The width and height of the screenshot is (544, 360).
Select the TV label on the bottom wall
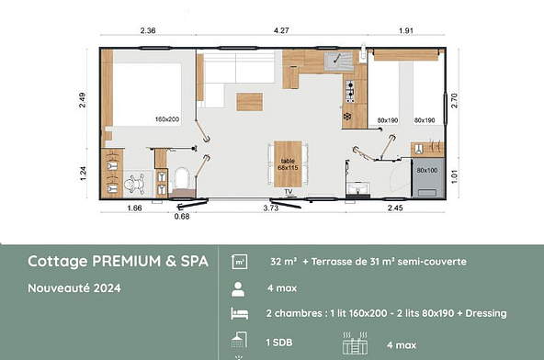coord(289,191)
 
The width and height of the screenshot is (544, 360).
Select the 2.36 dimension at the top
coord(148,32)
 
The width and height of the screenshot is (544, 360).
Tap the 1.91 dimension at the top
coord(405,32)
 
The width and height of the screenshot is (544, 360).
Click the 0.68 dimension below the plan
coord(182,218)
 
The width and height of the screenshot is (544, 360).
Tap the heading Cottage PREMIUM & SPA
coord(118,261)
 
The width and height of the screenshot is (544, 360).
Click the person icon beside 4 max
coord(237,287)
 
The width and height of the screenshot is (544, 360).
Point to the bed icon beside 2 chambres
coord(237,313)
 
